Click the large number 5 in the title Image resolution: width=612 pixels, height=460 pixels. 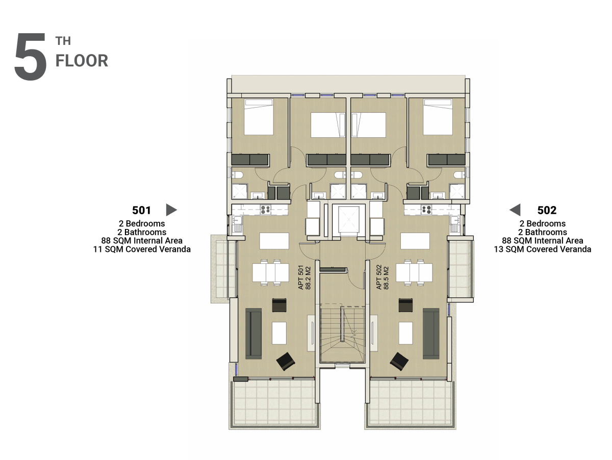click(31, 57)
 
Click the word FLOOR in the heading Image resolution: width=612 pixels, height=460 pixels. click(82, 61)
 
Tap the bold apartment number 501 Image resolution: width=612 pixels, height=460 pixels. click(141, 210)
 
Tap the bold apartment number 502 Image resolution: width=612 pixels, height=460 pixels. click(547, 210)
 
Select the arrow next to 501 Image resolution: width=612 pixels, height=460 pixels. click(171, 210)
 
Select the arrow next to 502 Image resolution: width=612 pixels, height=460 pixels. click(515, 210)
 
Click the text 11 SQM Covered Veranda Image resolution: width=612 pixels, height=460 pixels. click(142, 249)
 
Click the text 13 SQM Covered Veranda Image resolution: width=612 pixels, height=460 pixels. click(543, 249)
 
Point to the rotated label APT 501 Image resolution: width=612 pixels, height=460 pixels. click(300, 277)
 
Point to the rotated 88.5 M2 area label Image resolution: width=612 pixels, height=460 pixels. click(386, 278)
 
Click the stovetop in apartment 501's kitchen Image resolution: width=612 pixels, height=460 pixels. click(265, 210)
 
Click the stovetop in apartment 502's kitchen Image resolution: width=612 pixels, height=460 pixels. click(426, 210)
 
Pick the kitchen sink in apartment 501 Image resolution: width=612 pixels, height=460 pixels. click(237, 224)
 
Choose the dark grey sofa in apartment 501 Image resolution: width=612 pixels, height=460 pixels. click(253, 334)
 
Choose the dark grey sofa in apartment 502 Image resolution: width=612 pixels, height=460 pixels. click(431, 334)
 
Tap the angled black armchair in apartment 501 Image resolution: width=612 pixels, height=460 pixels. click(286, 362)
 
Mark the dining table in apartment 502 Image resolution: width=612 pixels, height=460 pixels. click(414, 272)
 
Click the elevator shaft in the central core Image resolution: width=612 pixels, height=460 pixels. click(348, 220)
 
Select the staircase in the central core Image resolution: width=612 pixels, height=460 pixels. click(342, 333)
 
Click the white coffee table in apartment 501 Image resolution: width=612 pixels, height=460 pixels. click(279, 333)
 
